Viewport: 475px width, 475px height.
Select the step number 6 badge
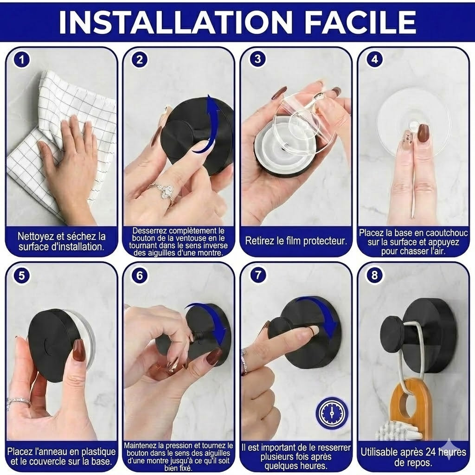140,275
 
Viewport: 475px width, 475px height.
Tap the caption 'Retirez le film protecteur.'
296,241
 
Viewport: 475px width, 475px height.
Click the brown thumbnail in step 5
79,350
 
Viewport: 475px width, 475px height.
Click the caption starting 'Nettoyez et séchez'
61,242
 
